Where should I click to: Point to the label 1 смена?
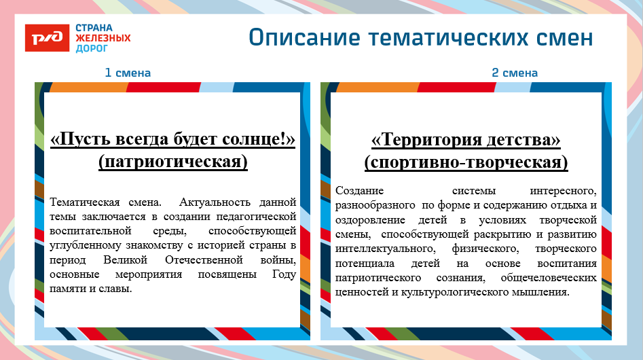tap(127, 73)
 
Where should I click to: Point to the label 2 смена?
tap(515, 73)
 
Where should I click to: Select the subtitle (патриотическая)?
tap(172, 162)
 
